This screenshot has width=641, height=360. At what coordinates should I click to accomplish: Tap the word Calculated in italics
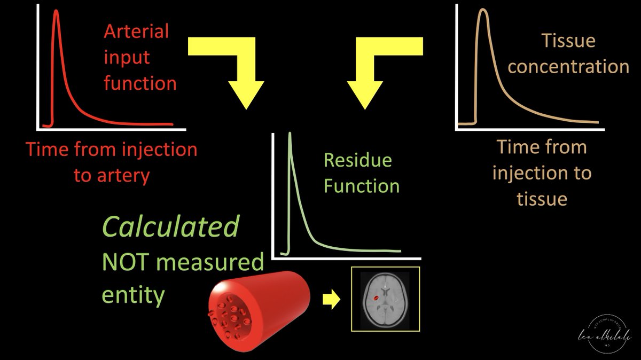pyautogui.click(x=170, y=228)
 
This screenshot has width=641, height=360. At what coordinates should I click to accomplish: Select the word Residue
pyautogui.click(x=358, y=160)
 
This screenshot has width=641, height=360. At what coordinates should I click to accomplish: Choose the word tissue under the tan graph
pyautogui.click(x=542, y=199)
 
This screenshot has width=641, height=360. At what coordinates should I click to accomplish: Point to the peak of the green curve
pyautogui.click(x=290, y=136)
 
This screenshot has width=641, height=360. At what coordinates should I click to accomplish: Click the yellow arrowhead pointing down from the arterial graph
pyautogui.click(x=246, y=93)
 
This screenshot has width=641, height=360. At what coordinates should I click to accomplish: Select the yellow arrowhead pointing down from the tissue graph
pyautogui.click(x=366, y=93)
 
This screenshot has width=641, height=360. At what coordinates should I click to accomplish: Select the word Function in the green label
pyautogui.click(x=362, y=186)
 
